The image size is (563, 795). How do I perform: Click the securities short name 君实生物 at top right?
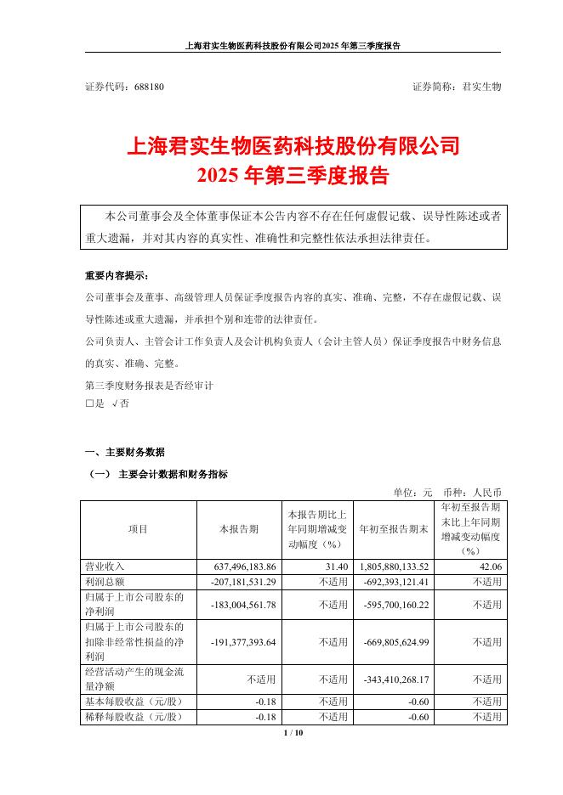pyautogui.click(x=481, y=87)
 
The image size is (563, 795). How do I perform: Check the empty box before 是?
pyautogui.click(x=89, y=405)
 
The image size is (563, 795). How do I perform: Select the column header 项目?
pyautogui.click(x=139, y=529)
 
